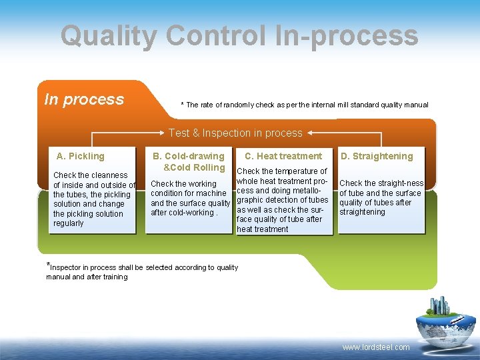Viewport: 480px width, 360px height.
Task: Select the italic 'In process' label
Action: point(84,100)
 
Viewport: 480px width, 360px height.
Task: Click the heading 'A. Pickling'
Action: point(81,156)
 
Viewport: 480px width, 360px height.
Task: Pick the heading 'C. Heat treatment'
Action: point(283,156)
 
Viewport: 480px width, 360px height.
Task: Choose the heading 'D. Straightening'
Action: point(377,156)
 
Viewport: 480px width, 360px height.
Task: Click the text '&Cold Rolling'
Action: point(194,167)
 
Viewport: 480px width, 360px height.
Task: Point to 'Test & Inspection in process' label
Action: point(235,133)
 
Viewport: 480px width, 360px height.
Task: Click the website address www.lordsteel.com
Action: point(376,347)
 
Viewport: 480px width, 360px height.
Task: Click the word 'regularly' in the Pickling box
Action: point(69,223)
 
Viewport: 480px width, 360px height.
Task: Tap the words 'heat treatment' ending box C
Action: point(263,229)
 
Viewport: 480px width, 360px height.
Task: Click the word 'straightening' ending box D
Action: point(362,212)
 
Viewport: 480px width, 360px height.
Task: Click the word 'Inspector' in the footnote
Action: point(68,267)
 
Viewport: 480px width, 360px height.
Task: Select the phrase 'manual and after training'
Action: point(87,277)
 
